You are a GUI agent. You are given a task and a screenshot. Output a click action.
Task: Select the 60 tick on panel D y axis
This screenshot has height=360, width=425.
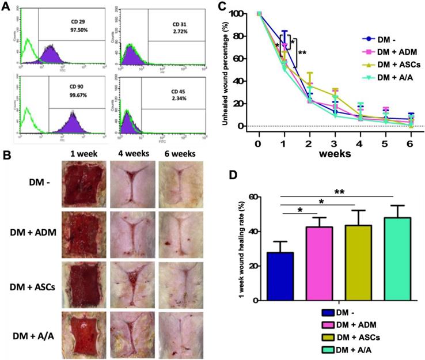(x=268, y=197)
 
